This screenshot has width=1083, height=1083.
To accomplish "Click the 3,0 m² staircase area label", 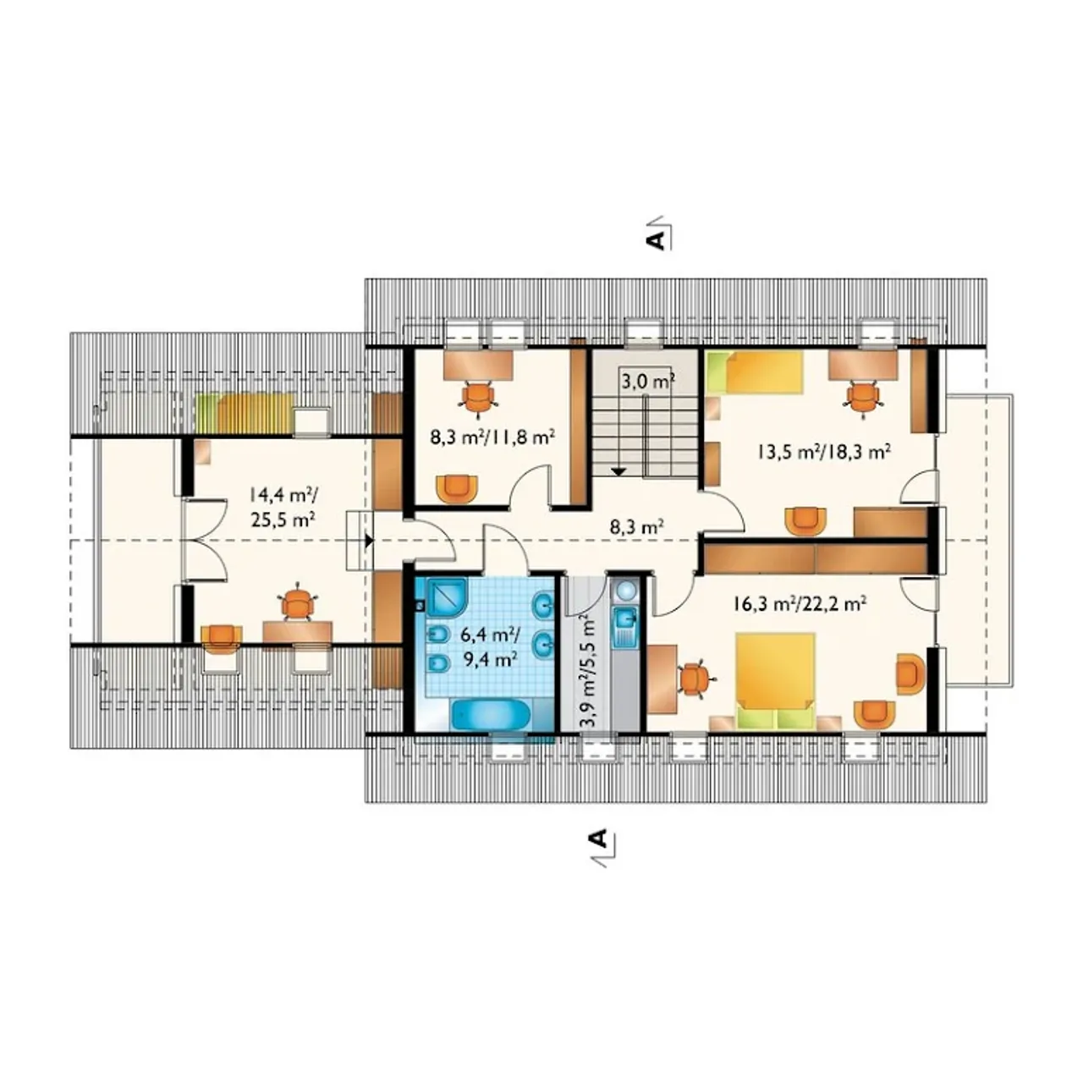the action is pyautogui.click(x=647, y=382).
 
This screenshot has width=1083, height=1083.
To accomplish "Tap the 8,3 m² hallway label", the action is pyautogui.click(x=637, y=527).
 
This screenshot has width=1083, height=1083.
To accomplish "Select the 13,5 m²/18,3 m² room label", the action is pyautogui.click(x=824, y=452).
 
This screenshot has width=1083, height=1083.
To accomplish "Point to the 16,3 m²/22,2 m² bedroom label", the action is pyautogui.click(x=799, y=603).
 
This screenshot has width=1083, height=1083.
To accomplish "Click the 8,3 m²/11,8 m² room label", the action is pyautogui.click(x=493, y=437).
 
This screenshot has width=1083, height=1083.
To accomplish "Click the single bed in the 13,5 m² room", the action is pyautogui.click(x=755, y=371).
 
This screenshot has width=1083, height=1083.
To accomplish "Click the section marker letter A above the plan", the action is pyautogui.click(x=656, y=240).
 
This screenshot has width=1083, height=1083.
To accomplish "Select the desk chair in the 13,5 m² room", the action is pyautogui.click(x=863, y=399).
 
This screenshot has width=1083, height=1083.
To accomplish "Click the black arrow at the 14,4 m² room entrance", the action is pyautogui.click(x=369, y=541).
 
